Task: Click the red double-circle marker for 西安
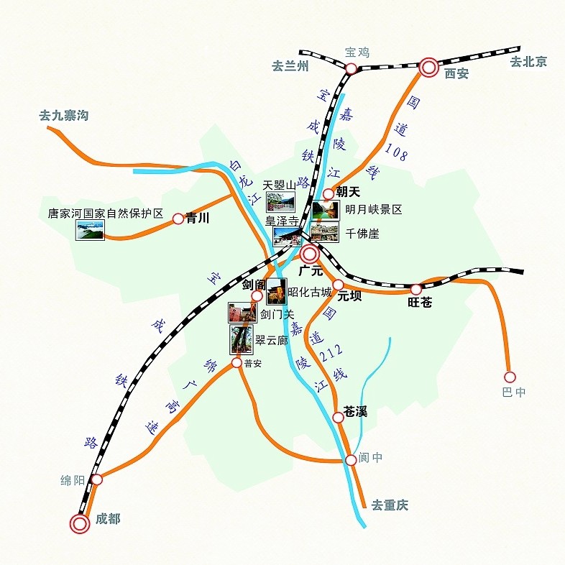click(429, 68)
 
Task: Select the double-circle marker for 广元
click(310, 253)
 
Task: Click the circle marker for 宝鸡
click(351, 68)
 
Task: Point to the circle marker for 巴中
click(510, 377)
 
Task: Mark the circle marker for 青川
click(178, 219)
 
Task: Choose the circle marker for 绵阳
click(97, 479)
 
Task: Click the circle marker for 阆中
click(350, 459)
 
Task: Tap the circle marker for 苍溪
click(338, 417)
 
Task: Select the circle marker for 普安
click(236, 363)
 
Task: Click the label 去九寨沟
click(63, 115)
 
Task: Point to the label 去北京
click(528, 62)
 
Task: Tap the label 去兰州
click(290, 66)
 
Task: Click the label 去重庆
click(390, 505)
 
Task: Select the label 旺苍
click(420, 303)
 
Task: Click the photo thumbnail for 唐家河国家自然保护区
click(90, 229)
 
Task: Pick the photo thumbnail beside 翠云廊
click(241, 339)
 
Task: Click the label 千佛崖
click(362, 234)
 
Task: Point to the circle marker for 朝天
click(329, 193)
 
